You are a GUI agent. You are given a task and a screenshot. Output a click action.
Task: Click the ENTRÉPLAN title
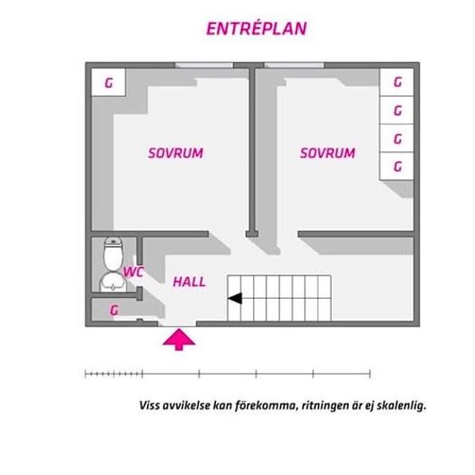coord(256,28)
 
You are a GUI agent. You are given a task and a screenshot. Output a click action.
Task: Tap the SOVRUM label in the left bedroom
coord(175,153)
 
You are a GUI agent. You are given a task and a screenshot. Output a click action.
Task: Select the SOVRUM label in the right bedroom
coord(327,153)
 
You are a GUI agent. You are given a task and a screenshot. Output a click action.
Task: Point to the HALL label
coord(189,282)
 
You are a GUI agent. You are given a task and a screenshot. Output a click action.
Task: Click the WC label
coord(133,272)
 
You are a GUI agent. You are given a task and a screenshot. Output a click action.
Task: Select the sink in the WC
coord(113,282)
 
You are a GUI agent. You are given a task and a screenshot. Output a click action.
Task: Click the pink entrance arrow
coord(179,339)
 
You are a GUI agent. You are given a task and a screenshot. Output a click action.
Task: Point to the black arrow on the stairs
coord(235,299)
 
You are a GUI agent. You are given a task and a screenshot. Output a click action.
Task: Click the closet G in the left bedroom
coord(109,82)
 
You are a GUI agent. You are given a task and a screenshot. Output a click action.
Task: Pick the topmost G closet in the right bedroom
coord(397,82)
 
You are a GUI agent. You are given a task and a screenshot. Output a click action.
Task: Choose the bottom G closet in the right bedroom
coord(397,166)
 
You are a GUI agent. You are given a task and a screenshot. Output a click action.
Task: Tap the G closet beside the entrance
coord(114,310)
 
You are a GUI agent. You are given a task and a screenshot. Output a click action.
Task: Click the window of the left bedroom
coord(204,65)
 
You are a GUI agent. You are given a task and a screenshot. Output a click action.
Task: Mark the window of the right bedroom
coord(294,65)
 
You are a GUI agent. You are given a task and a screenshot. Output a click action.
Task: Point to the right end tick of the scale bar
coord(370,374)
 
